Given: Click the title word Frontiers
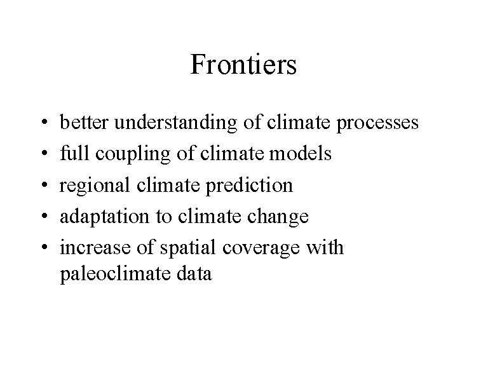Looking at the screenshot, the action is point(243,64).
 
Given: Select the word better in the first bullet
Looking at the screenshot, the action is point(84,122).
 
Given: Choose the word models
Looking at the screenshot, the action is point(300,153).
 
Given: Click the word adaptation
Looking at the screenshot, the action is point(104,217).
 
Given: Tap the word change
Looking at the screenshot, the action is point(278,217).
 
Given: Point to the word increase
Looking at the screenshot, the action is point(95,247).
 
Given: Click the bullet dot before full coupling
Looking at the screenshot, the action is point(44,152).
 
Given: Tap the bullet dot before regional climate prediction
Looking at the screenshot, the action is point(44,184).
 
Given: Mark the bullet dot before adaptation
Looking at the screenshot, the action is point(44,215).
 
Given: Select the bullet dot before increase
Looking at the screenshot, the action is point(44,247).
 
